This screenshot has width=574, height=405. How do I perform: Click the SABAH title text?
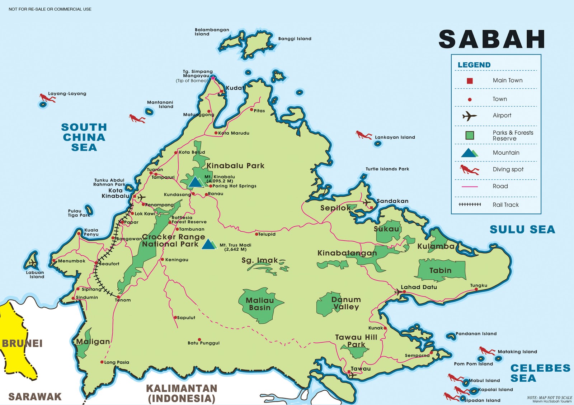[x=492, y=39]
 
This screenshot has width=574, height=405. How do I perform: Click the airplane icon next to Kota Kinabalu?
[x=142, y=197]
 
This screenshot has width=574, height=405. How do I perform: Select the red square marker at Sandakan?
[x=371, y=207]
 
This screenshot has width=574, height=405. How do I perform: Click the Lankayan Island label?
[x=395, y=137]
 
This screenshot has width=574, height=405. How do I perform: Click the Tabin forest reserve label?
[x=440, y=270]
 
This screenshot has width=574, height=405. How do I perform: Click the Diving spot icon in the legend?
[x=469, y=170]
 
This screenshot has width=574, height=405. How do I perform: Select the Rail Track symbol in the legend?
[x=470, y=204]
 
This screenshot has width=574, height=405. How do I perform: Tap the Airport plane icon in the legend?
[x=469, y=116]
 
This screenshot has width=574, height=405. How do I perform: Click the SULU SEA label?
[x=522, y=230]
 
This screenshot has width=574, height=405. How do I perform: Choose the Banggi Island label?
[x=295, y=39]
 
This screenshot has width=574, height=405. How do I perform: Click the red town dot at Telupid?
[x=257, y=234]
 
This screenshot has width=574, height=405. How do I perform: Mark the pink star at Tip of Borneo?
[x=213, y=78]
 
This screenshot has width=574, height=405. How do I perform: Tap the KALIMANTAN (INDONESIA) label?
[x=182, y=393]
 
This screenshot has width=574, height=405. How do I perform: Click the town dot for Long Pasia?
[x=102, y=362]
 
